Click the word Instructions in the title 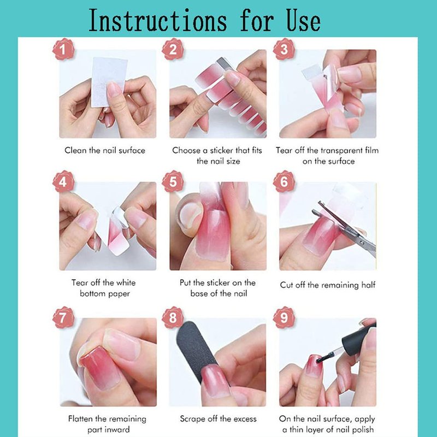tap(158, 20)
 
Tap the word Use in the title tap(304, 20)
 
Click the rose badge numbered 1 tap(63, 49)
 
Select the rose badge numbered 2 tap(173, 49)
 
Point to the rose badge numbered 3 tap(284, 49)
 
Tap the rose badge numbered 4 tap(63, 181)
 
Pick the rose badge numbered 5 tap(173, 181)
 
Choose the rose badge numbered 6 tap(284, 181)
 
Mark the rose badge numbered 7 tap(63, 317)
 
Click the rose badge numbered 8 tap(173, 317)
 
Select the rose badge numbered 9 tap(284, 317)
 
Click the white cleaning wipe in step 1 tap(109, 81)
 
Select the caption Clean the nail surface tap(105, 151)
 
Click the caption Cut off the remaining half tap(328, 285)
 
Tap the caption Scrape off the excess tap(218, 419)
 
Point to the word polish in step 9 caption tap(362, 430)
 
